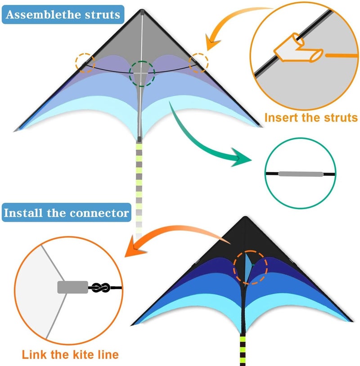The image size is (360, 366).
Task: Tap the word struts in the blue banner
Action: coord(103,14)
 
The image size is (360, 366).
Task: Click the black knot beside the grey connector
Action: coord(100,288)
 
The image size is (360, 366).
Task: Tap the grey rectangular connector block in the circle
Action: coord(72,287)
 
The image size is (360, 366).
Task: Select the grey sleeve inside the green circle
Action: coord(301,174)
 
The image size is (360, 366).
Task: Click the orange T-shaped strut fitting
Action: coord(298,49)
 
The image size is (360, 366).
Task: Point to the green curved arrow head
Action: coord(241,157)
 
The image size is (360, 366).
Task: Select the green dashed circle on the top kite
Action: coord(142,61)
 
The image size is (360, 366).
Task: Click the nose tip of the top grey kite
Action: coord(142,10)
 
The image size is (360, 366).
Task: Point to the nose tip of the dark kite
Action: coord(245,217)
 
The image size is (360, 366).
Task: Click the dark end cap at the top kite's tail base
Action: coord(139,139)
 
